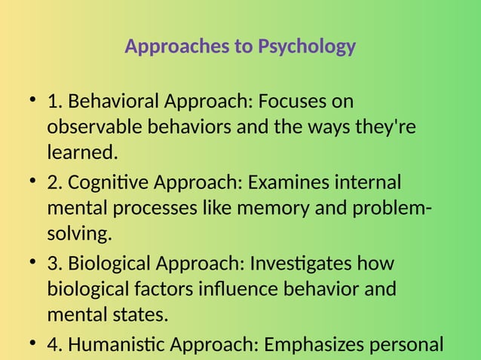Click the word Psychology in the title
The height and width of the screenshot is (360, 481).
coord(306,47)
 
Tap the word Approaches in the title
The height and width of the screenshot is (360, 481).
coord(177,47)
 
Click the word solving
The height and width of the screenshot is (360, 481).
coord(79,234)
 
